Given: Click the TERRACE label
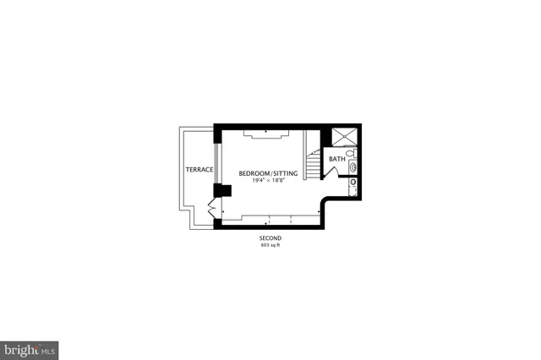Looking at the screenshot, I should (x=199, y=170).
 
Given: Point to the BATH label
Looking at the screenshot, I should (x=336, y=160).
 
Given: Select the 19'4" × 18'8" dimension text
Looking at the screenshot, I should (x=267, y=180).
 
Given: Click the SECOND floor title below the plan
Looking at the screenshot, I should (x=270, y=239).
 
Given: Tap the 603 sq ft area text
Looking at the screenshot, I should (x=270, y=246).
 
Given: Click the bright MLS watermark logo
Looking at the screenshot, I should (x=30, y=348).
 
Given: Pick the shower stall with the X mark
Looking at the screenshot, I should (x=345, y=138).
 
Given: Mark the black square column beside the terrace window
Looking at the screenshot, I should (x=224, y=190).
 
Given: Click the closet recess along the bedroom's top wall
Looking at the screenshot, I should (x=266, y=132).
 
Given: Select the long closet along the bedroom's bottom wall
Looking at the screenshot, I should (x=270, y=220).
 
